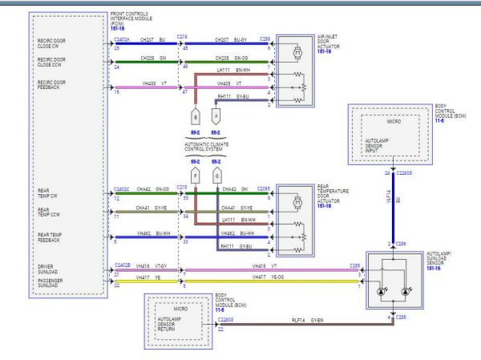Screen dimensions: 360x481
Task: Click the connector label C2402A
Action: (122, 38)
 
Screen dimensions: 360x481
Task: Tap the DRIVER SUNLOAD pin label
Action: (51, 267)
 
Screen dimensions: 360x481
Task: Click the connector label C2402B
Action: (122, 264)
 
